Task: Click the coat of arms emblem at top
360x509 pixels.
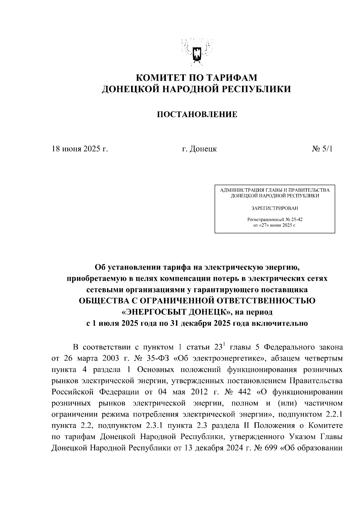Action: point(197,52)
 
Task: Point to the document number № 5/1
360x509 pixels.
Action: point(322,149)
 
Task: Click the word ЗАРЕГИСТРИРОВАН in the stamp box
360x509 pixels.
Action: point(274,208)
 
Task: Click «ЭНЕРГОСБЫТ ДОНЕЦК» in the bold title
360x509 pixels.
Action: point(177,312)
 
